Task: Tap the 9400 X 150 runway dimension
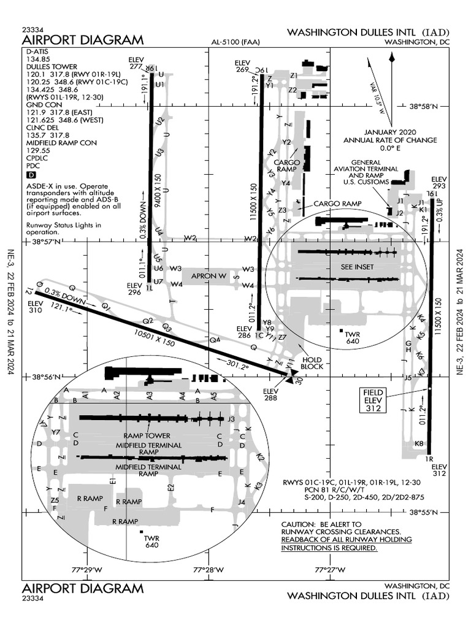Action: (158, 193)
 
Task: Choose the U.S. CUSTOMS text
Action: (366, 182)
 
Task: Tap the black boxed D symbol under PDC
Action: (31, 175)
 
